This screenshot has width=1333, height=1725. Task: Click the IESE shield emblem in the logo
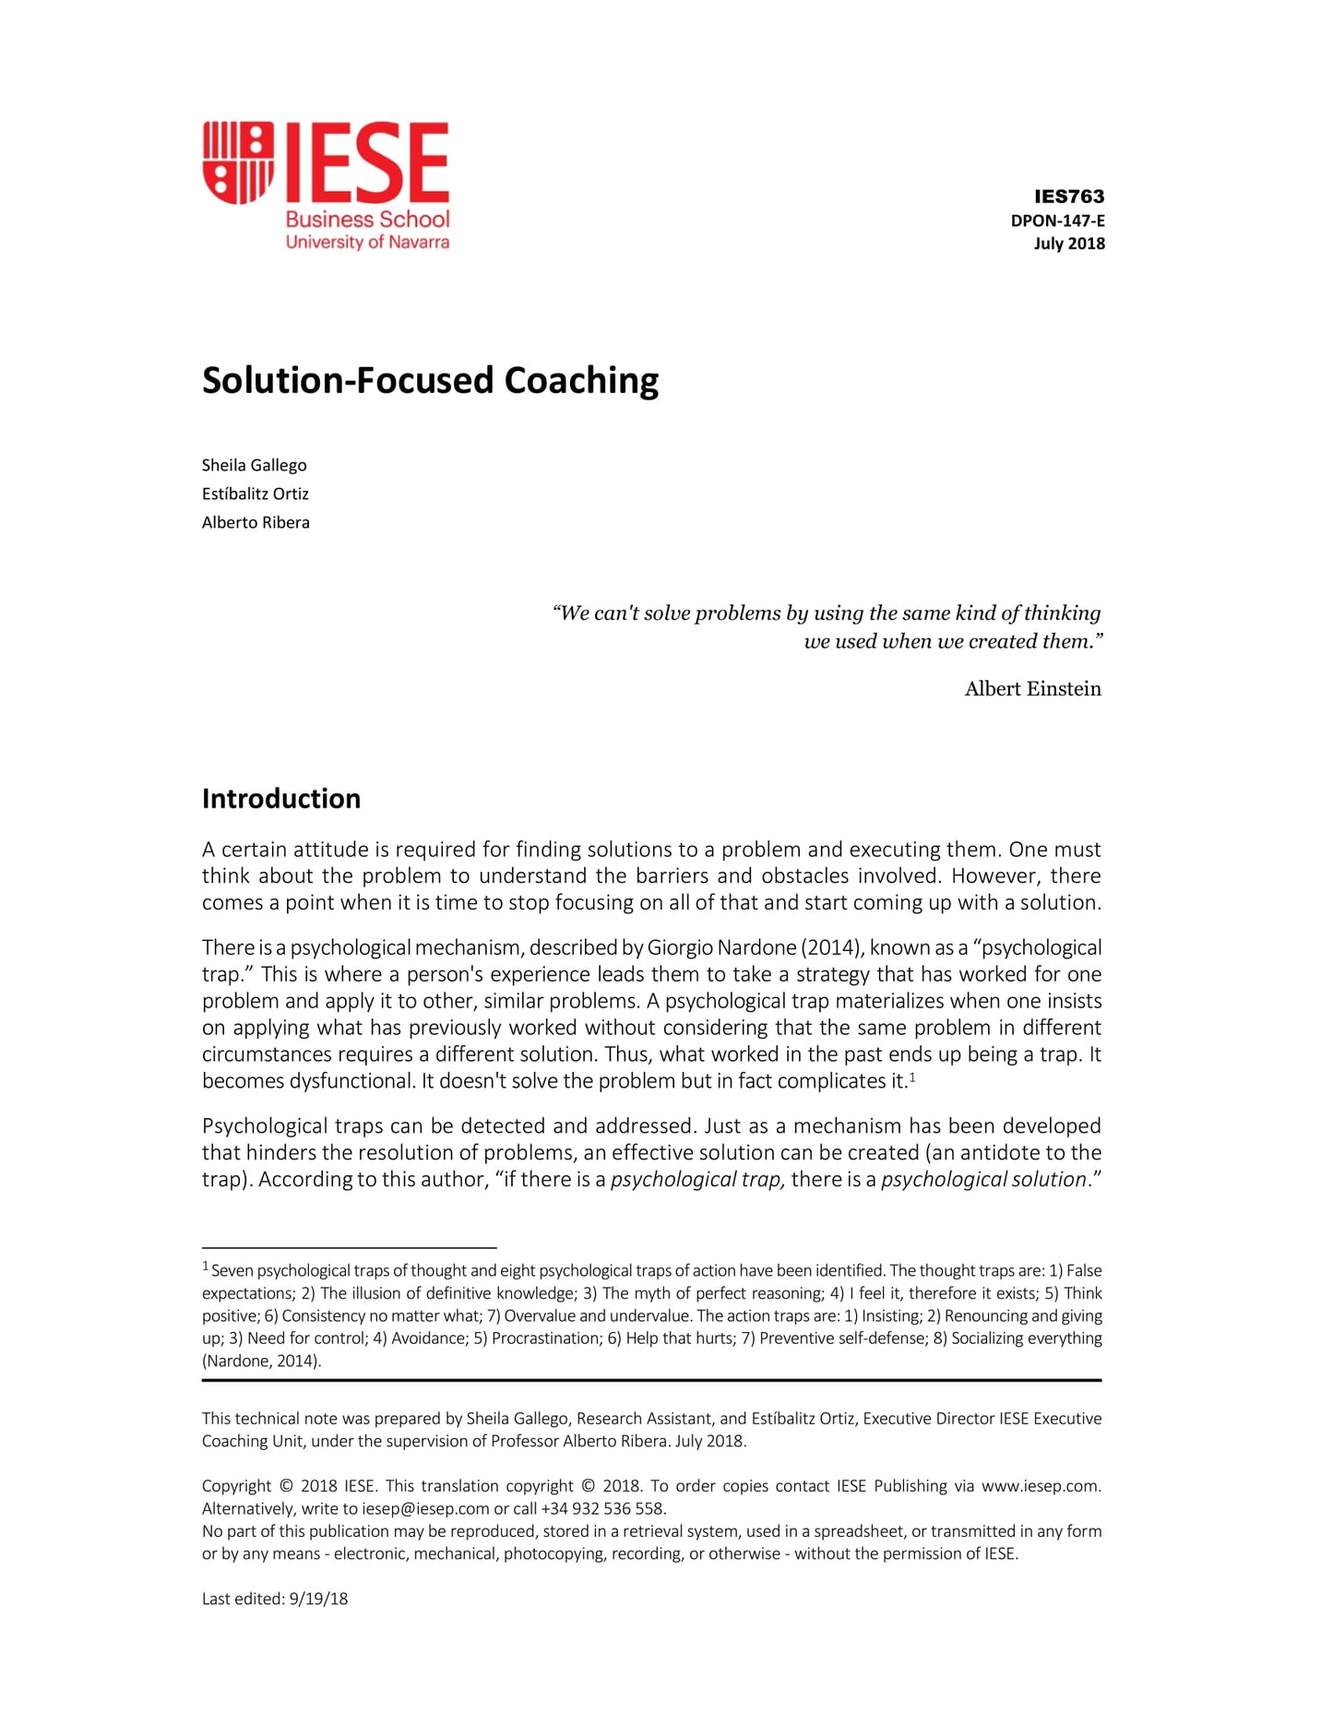coord(238,161)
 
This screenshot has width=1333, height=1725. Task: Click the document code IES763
coord(1068,196)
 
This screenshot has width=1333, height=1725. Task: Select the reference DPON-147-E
coord(1057,220)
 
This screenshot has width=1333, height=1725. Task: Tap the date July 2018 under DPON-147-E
coord(1068,244)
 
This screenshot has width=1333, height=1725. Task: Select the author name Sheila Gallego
coord(254,465)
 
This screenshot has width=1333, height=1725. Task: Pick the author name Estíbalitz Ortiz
coord(255,494)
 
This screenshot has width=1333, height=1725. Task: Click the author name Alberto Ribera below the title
coord(256,522)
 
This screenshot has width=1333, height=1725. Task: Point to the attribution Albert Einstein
coord(1031,689)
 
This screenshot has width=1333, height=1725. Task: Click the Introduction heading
coord(281,799)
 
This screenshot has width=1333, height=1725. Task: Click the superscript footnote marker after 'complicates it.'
coord(912,1077)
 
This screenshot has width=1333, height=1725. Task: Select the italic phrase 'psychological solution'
coord(982,1180)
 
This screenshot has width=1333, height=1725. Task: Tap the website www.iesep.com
coord(1040,1486)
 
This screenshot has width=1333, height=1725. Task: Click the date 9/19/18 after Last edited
coord(318,1599)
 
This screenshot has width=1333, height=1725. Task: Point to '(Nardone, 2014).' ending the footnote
coord(261,1361)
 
